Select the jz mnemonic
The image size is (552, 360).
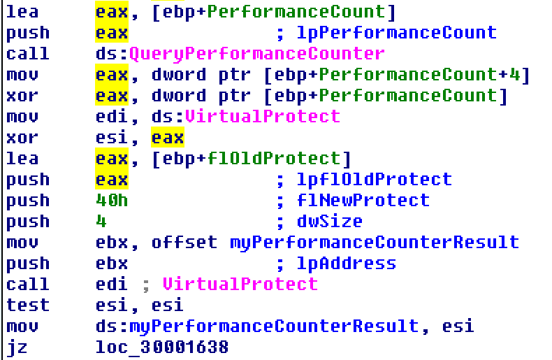coord(18,347)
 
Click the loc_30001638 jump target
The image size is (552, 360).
coord(162,347)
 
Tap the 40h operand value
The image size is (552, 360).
coord(111,201)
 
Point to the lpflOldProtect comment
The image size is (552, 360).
coord(372,180)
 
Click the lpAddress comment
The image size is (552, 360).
coord(346,264)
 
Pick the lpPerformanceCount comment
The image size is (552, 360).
coord(396,33)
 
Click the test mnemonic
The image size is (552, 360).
coord(28,305)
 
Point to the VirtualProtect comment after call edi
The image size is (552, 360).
coord(240,285)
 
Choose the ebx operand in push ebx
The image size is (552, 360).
coord(111,264)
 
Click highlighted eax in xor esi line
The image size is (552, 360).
coord(167,138)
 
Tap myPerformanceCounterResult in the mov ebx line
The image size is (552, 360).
coord(375,243)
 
